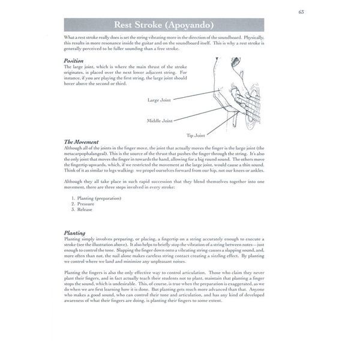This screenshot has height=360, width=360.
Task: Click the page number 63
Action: coord(301,11)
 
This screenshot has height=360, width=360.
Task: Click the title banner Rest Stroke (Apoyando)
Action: coord(164,25)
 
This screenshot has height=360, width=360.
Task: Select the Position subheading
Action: coord(73,61)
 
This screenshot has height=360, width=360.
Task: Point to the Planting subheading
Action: coord(74,232)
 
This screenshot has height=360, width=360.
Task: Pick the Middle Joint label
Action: coord(160,121)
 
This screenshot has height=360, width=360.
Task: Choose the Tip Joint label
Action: coord(196,136)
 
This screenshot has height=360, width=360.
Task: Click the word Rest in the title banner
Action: coord(125,25)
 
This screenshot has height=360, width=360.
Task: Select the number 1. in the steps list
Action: coord(73,198)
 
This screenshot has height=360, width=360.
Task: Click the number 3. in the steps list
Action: coord(73,210)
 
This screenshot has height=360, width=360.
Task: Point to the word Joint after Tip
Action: coord(201,136)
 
